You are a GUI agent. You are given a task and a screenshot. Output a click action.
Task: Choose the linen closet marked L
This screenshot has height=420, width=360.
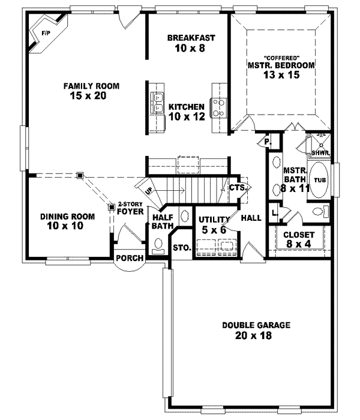tap(274, 212)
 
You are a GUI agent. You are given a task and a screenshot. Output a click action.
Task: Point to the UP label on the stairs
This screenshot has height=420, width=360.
tap(147, 190)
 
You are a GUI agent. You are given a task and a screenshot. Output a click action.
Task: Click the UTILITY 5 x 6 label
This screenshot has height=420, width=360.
tap(214, 223)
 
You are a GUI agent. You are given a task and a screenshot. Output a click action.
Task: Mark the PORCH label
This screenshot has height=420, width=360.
tap(130, 259)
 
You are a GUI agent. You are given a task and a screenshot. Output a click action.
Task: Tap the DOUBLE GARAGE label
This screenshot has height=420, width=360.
tap(256, 330)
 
